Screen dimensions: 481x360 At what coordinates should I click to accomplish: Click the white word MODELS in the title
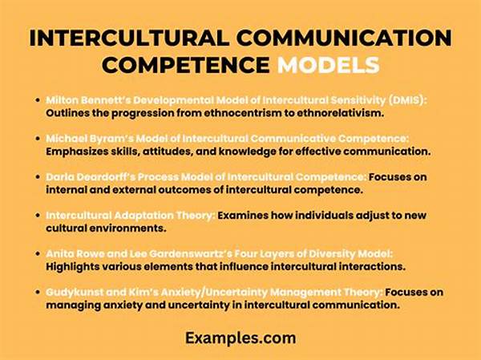[x=329, y=65]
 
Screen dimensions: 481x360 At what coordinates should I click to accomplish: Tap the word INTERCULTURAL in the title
[x=129, y=38]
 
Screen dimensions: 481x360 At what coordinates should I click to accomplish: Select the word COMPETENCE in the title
[x=186, y=65]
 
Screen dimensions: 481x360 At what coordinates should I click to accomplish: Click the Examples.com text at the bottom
[x=240, y=338]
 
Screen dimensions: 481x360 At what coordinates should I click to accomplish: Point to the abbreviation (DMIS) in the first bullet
[x=407, y=100]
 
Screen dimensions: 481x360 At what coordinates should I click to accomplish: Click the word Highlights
[x=73, y=266]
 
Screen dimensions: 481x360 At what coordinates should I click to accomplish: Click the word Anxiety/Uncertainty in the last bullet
[x=214, y=292]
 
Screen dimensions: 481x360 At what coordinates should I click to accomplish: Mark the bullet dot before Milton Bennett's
[x=38, y=100]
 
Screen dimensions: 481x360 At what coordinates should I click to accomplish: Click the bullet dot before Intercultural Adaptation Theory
[x=38, y=215]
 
